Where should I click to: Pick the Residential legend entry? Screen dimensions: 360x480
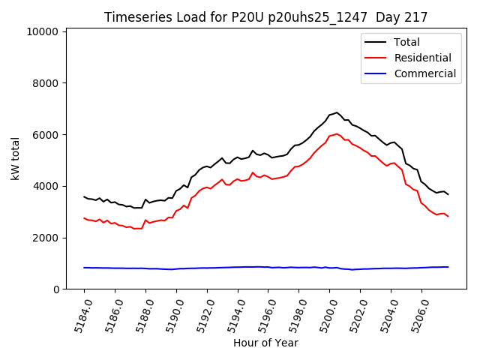tap(422, 58)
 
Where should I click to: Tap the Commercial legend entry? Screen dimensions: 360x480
tap(425, 73)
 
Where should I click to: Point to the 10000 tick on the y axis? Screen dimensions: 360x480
tap(43, 31)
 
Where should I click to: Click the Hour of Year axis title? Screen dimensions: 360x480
tap(265, 343)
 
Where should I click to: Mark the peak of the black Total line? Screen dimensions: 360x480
tap(337, 112)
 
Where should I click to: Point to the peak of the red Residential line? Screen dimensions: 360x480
tap(337, 134)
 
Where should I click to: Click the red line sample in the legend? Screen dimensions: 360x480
tap(376, 58)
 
